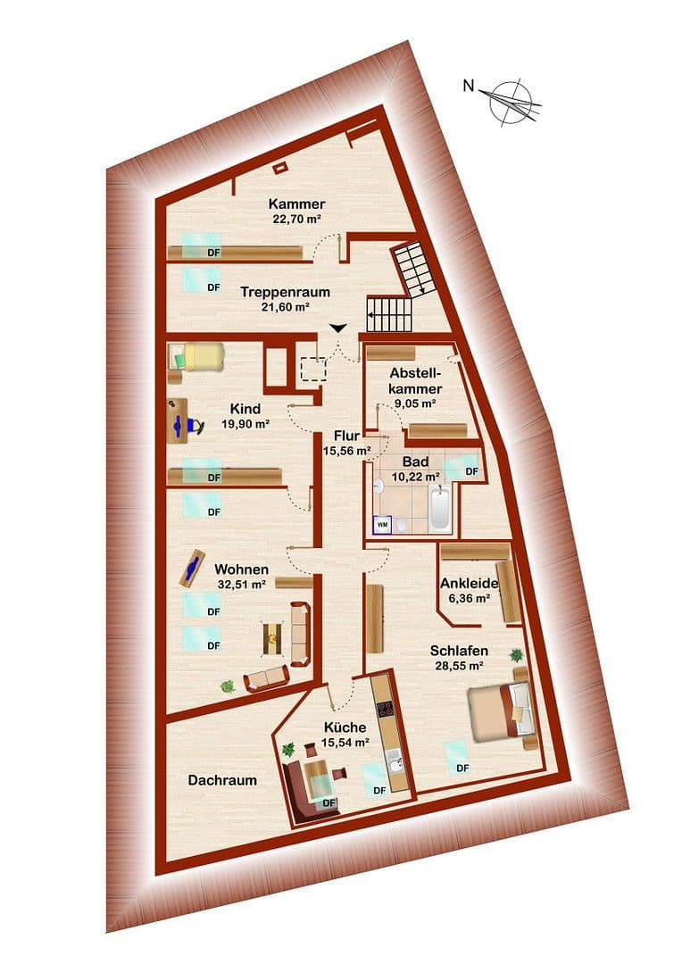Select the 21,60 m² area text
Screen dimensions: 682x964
tap(285, 306)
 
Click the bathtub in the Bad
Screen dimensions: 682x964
tap(440, 508)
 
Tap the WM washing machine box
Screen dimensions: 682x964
tap(383, 524)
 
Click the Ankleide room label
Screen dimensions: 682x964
tap(470, 583)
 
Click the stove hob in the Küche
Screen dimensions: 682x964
tap(387, 711)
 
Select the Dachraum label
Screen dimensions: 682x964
tap(222, 780)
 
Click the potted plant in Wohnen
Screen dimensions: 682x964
tap(229, 686)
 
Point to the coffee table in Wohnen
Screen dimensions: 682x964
tap(272, 636)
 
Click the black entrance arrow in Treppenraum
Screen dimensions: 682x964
tap(338, 328)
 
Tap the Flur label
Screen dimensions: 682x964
tap(346, 436)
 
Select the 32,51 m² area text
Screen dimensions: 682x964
tap(240, 585)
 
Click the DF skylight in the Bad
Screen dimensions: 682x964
tap(466, 466)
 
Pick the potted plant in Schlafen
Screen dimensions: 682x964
tap(517, 656)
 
